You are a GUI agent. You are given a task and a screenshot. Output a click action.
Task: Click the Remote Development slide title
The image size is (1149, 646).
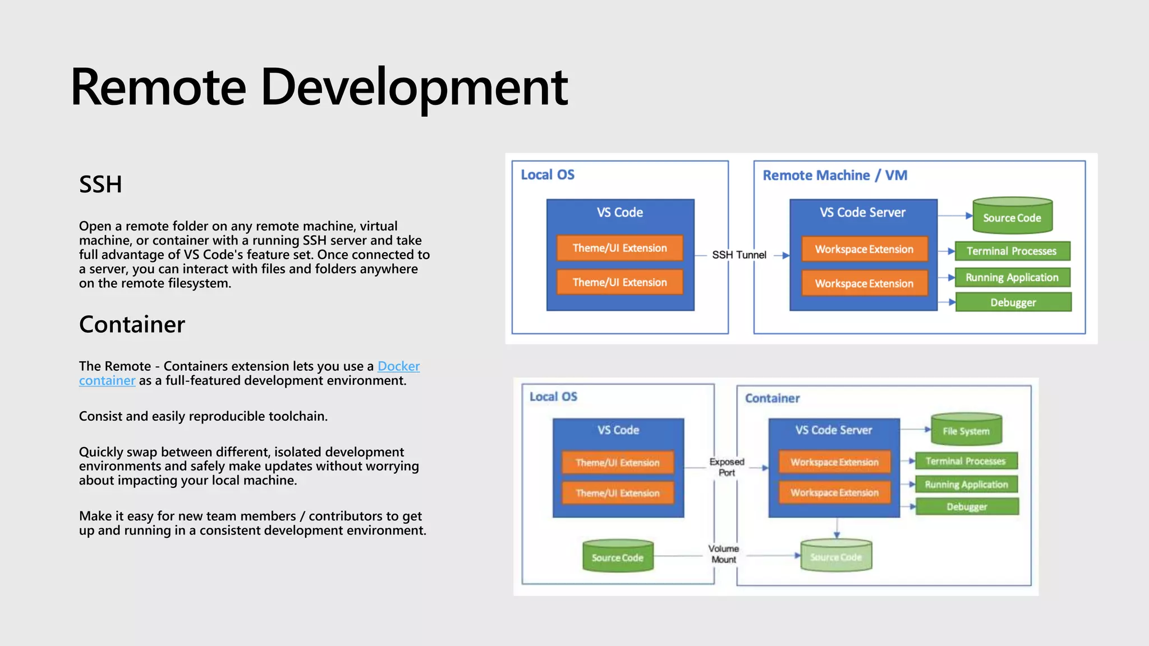tap(319, 87)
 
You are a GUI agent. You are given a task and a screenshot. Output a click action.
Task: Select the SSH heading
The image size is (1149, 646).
tap(100, 184)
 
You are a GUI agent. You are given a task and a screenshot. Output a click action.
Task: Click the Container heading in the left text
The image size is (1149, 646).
tap(132, 325)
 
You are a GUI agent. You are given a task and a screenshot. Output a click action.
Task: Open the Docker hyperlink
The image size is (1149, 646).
tap(398, 366)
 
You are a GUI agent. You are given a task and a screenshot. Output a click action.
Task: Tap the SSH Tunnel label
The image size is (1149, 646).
tap(739, 255)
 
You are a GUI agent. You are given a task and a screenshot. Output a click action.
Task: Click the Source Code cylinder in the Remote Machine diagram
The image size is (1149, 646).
tap(1012, 217)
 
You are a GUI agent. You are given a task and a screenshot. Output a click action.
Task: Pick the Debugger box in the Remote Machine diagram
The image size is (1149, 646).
tap(1013, 302)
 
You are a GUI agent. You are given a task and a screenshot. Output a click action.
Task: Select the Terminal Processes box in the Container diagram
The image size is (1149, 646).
tap(966, 461)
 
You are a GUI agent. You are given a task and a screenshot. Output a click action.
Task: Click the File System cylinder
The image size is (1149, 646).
tap(966, 431)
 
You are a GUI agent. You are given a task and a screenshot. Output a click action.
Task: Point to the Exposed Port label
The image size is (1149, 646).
tap(727, 467)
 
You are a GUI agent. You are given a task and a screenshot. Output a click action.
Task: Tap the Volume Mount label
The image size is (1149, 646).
tap(723, 553)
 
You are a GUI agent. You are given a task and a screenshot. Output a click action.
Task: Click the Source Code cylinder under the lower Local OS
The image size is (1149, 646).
tap(617, 557)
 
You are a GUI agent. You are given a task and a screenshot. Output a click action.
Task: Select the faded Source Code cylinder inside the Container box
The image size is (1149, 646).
tap(835, 556)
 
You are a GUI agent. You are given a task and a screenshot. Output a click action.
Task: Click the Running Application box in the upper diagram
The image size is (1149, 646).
tap(1012, 278)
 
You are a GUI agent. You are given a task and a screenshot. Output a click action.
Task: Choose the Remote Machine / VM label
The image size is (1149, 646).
tap(834, 176)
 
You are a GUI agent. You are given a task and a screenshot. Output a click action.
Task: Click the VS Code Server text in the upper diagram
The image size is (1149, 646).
tap(862, 213)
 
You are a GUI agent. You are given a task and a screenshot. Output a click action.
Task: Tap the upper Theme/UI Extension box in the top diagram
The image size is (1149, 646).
tap(619, 248)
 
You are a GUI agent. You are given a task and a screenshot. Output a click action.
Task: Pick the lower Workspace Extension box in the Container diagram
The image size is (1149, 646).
tap(834, 492)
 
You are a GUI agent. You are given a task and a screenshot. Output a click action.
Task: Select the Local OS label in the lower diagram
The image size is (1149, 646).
tap(553, 397)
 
